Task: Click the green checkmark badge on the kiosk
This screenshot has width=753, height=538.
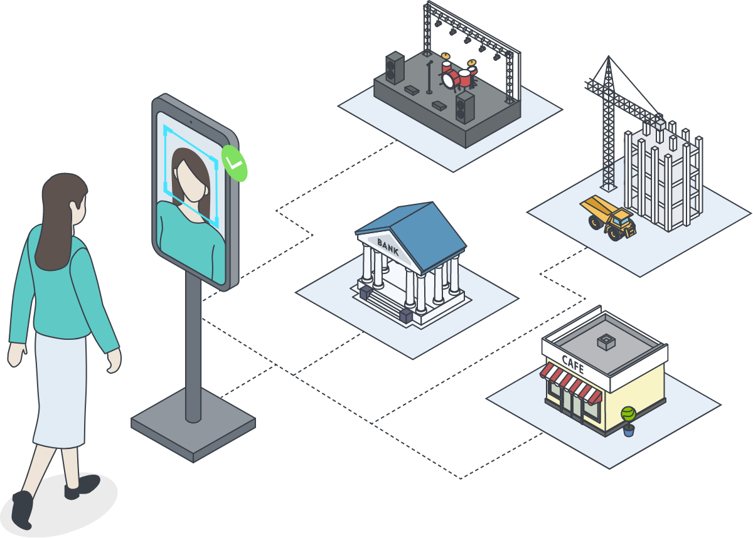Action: pos(234,163)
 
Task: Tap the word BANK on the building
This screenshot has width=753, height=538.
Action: pos(388,247)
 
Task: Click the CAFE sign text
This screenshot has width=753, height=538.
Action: pos(573,364)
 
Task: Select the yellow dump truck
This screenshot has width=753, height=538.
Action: pos(608,218)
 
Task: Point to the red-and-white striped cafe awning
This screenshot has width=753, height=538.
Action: pos(570,383)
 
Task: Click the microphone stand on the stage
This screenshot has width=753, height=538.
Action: pos(429,77)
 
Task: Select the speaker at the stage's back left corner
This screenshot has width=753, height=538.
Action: pos(395,68)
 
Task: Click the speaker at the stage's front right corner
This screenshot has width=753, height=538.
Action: pos(465,107)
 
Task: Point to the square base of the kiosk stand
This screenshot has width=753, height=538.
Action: pos(193,425)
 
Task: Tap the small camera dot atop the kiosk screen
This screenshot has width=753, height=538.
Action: pos(191,122)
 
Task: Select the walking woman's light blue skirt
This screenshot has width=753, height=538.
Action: pos(60,389)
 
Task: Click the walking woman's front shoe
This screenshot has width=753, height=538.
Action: pos(82,487)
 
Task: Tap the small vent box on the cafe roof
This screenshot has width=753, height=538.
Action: pos(606,342)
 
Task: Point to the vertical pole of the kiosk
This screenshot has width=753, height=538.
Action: pos(193,346)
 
